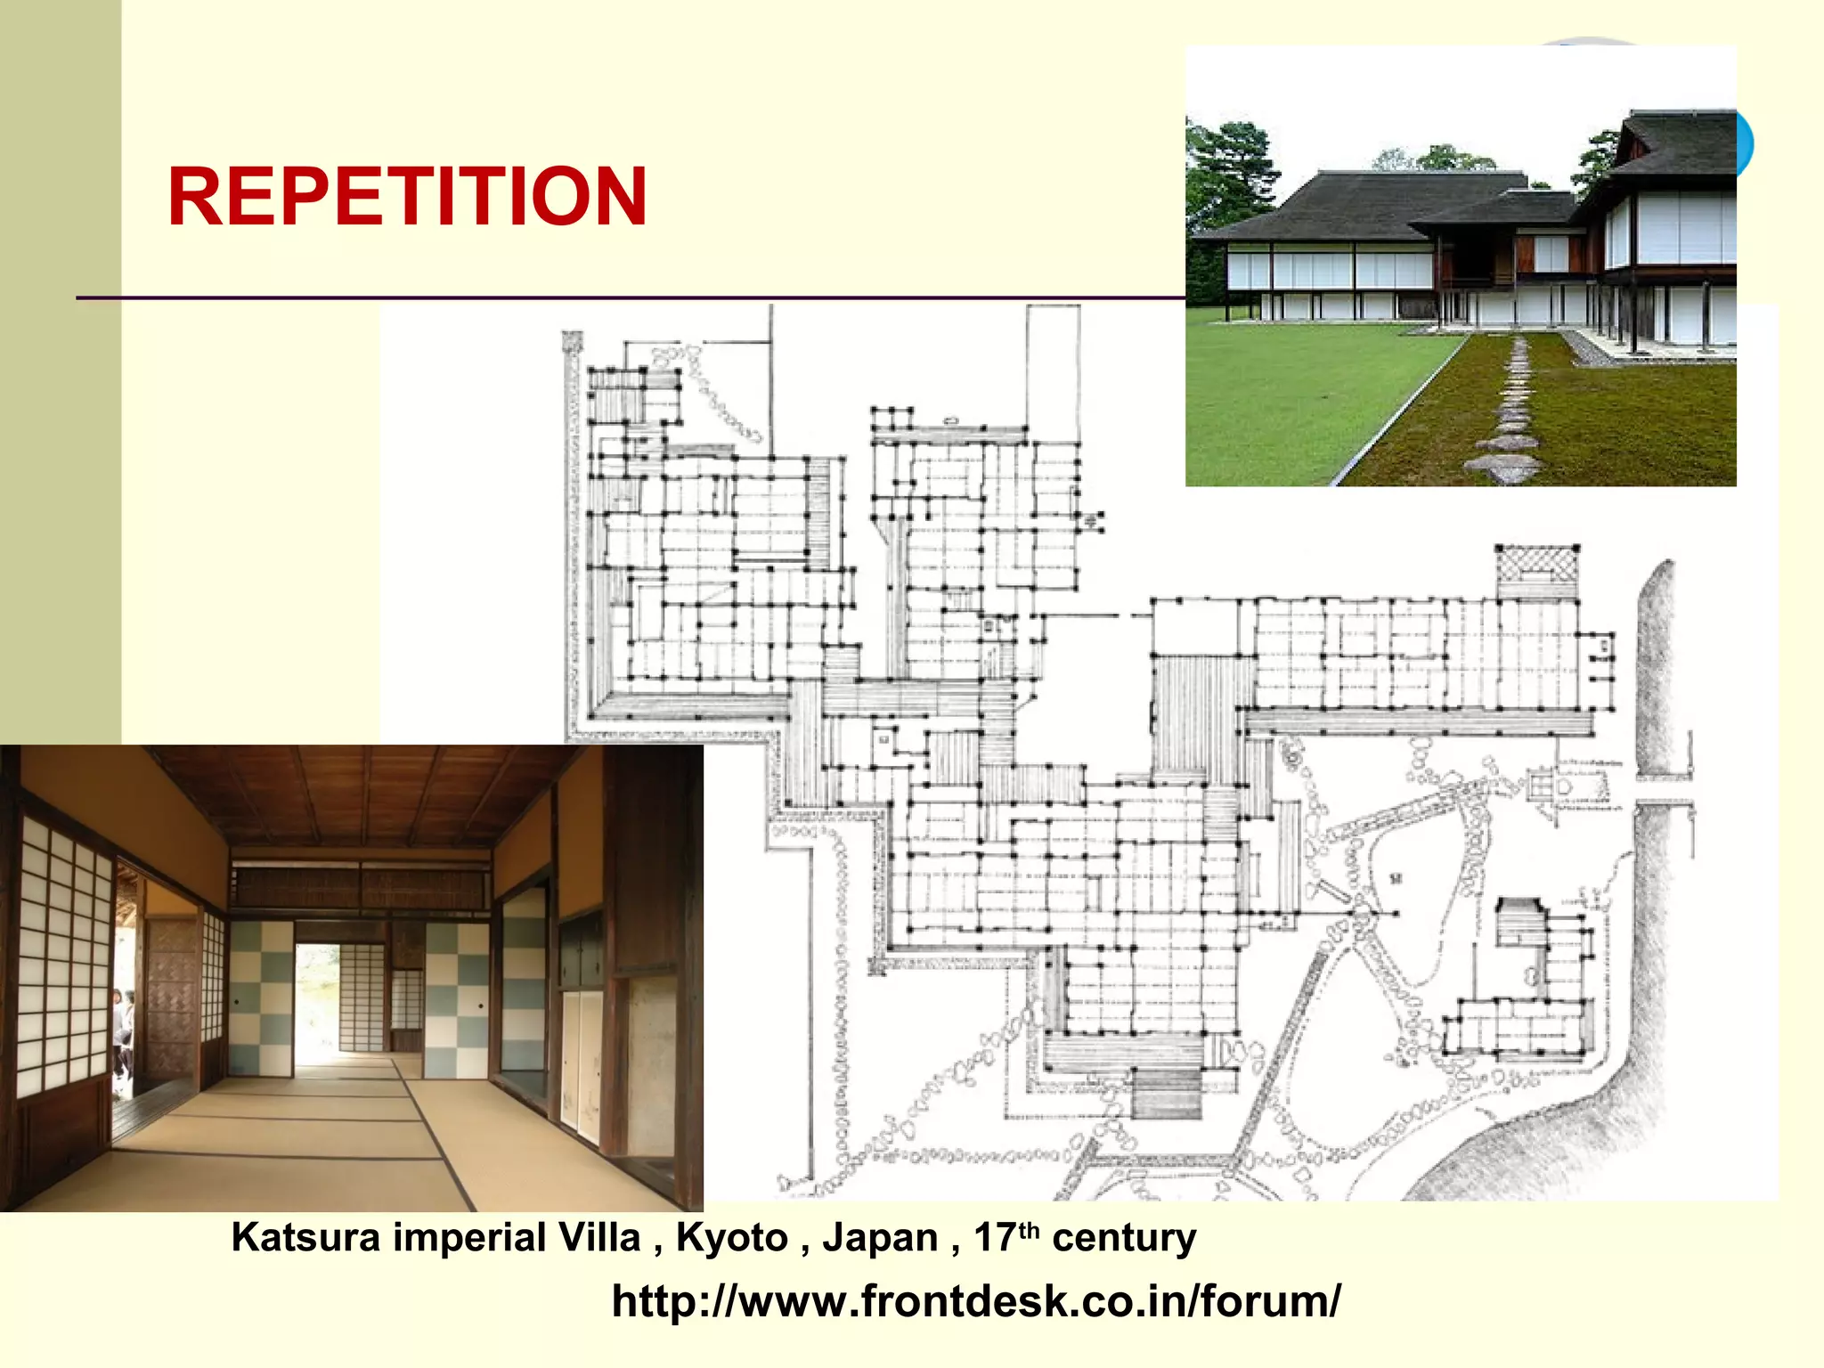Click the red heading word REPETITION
click(x=407, y=197)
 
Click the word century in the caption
click(x=1124, y=1238)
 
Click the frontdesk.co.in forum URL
click(x=975, y=1301)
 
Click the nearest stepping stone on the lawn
click(x=1506, y=466)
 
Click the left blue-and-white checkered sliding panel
click(x=261, y=997)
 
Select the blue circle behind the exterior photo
click(x=1745, y=142)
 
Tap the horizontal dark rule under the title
click(x=623, y=297)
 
